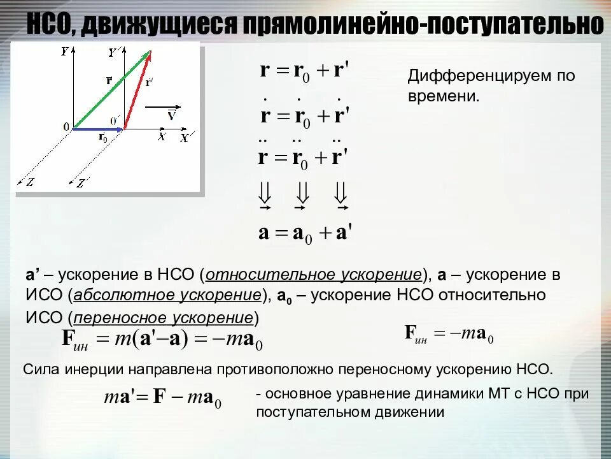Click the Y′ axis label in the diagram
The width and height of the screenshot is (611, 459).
(x=114, y=53)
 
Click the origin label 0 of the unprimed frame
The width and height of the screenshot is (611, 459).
(x=66, y=127)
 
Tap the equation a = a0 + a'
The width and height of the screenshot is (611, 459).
(x=305, y=232)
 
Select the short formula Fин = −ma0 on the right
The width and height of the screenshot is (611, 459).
(x=449, y=333)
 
